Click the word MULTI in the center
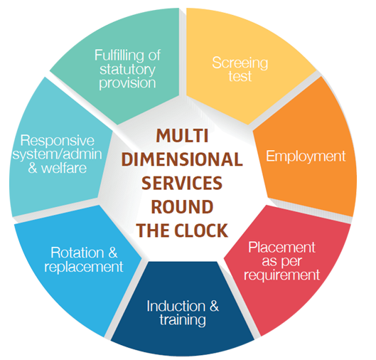182,136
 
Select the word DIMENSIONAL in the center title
182,159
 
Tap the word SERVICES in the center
182,183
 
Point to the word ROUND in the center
182,206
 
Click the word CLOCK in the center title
200,231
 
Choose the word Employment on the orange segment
306,157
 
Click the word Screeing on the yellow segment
240,63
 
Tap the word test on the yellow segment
240,76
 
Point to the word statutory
127,70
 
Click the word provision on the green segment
127,83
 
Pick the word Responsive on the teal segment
58,141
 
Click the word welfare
64,168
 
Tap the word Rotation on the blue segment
77,253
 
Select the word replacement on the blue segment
84,267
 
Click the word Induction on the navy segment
176,306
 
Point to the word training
183,320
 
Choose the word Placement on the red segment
281,247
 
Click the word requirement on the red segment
281,275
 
